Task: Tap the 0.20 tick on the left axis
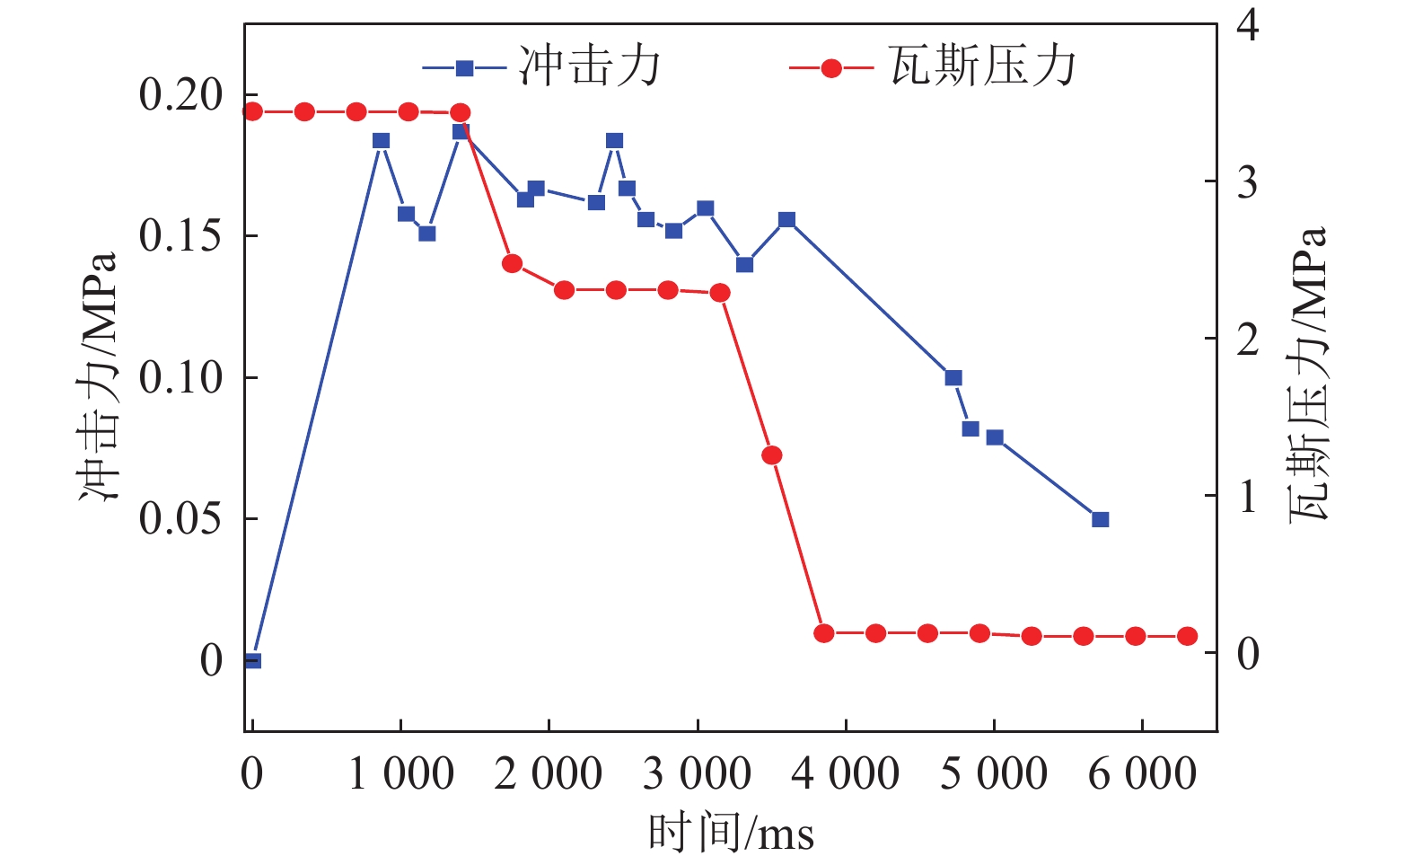coord(180,94)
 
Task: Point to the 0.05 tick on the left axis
coord(180,518)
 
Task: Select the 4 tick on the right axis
coord(1247,24)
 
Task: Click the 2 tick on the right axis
coord(1247,340)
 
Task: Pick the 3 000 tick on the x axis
coord(697,774)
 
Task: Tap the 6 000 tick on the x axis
coord(1142,774)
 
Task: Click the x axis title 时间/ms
coord(731,833)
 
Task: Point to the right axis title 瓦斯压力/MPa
coord(1307,375)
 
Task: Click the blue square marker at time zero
coord(253,661)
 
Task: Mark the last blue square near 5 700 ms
coord(1101,519)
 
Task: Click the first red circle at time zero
coord(253,111)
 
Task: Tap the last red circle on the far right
coord(1187,636)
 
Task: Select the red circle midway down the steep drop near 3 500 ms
coord(772,455)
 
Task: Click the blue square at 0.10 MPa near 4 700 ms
coord(953,378)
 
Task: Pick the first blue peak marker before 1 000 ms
coord(382,141)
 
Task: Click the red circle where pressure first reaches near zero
coord(824,633)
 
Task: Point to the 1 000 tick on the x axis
coord(400,774)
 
